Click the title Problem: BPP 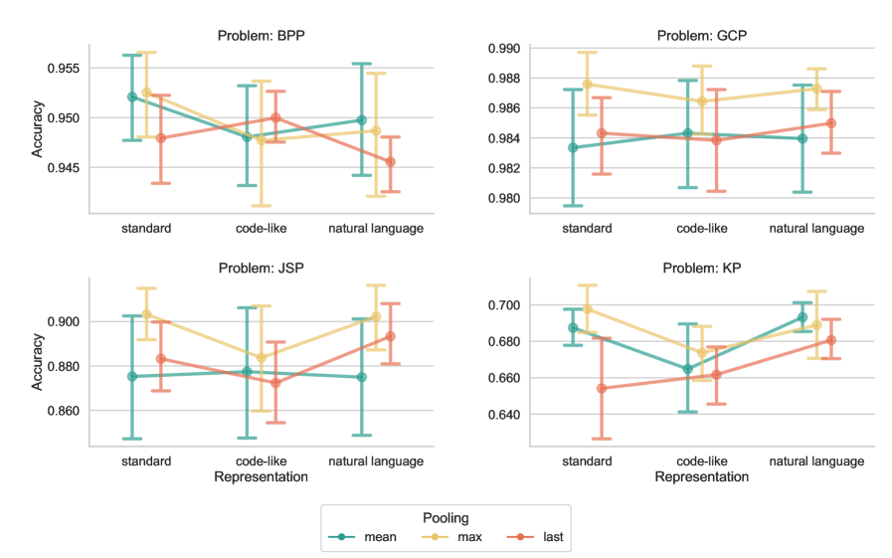point(262,36)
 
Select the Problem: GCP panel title point(702,36)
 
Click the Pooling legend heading point(445,518)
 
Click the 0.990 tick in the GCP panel point(506,48)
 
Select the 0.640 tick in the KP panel point(506,415)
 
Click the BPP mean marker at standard point(132,96)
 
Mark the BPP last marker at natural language point(390,161)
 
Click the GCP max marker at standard point(587,85)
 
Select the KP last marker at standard point(602,388)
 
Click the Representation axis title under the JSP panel point(262,477)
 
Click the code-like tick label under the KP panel point(702,462)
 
